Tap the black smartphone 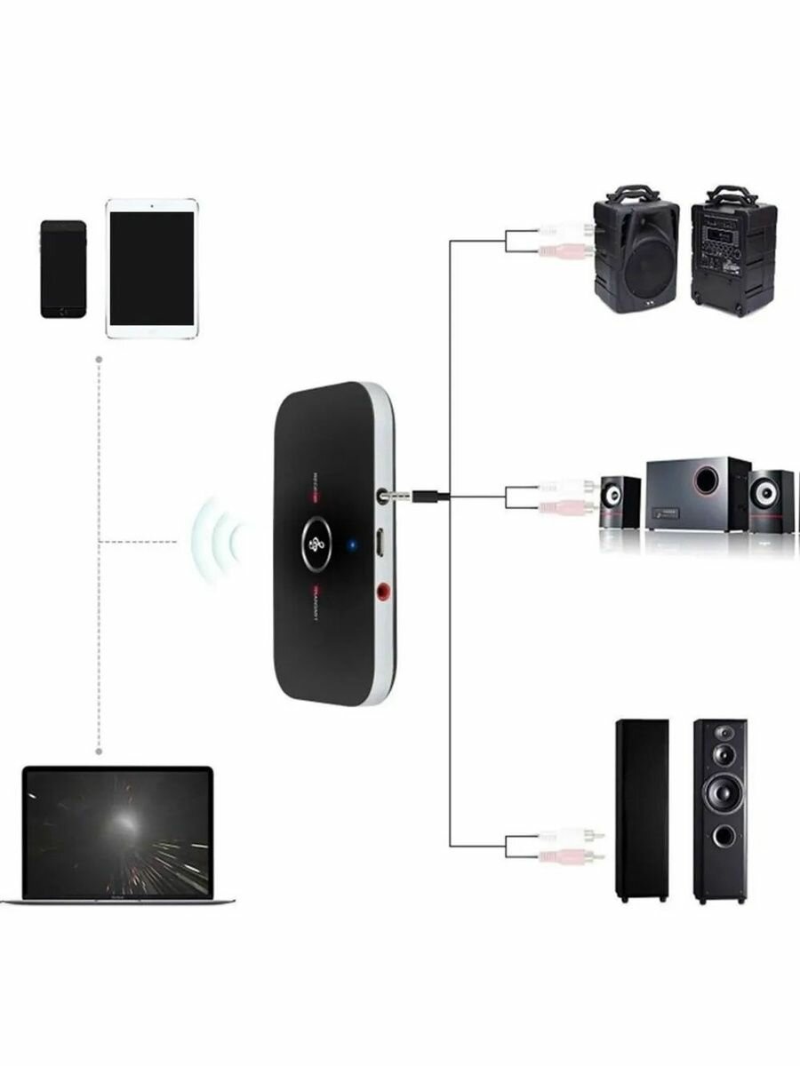tap(63, 268)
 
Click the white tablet tap(152, 268)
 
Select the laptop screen tap(117, 831)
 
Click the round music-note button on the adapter tap(316, 544)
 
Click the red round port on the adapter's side tap(384, 588)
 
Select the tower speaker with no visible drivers tap(642, 808)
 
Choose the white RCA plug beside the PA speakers tap(565, 230)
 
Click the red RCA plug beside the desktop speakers tap(569, 506)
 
